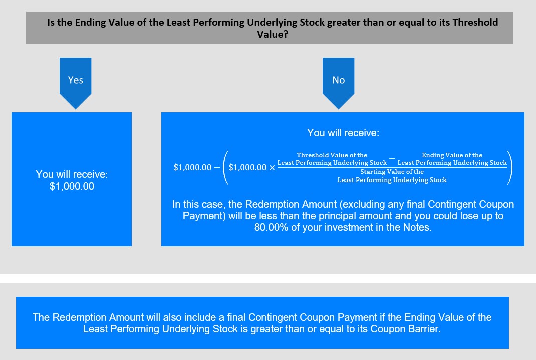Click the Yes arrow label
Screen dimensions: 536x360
pyautogui.click(x=75, y=80)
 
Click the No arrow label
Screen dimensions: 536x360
pyautogui.click(x=339, y=80)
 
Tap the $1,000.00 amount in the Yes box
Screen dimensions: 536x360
pyautogui.click(x=72, y=186)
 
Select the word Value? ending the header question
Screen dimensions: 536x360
pyautogui.click(x=273, y=34)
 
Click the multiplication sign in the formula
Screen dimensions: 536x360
pyautogui.click(x=272, y=168)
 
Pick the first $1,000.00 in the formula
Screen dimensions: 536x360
pyautogui.click(x=192, y=167)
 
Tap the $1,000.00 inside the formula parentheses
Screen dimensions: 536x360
pyautogui.click(x=247, y=167)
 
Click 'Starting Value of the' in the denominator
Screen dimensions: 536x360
pyautogui.click(x=392, y=172)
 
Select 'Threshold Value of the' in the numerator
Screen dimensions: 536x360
pyautogui.click(x=332, y=155)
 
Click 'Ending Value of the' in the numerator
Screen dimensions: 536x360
pyautogui.click(x=452, y=155)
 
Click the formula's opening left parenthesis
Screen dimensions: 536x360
pyautogui.click(x=225, y=167)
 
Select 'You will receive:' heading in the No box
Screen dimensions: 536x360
pyautogui.click(x=343, y=133)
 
